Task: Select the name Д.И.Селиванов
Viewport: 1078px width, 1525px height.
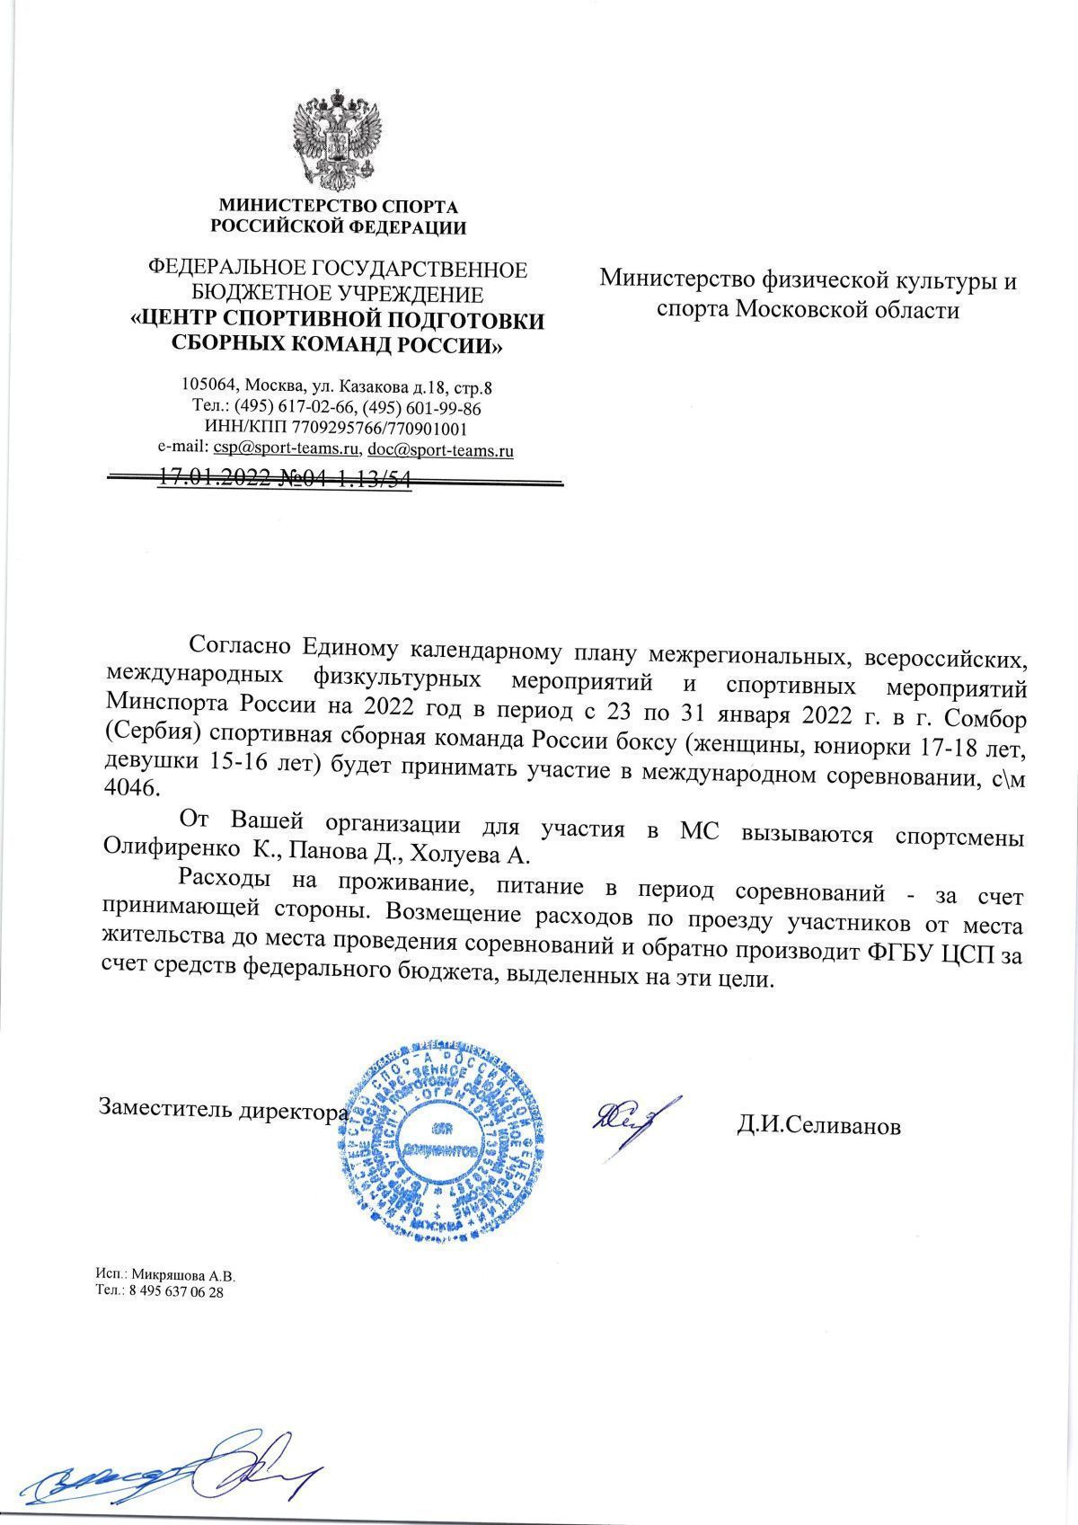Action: point(818,1126)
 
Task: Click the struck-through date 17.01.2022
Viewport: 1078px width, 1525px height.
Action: point(213,479)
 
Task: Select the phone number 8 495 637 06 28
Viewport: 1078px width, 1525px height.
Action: point(176,1290)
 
